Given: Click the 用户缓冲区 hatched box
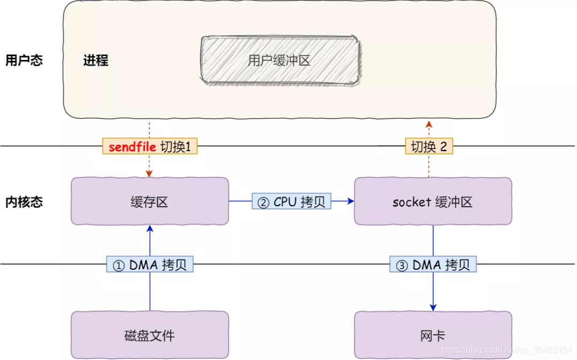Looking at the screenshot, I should point(279,60).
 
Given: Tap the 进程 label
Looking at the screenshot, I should point(96,60).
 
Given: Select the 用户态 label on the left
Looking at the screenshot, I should point(24,60).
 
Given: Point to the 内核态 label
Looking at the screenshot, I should point(24,202).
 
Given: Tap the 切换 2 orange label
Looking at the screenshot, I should point(428,147).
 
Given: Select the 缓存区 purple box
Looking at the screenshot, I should point(150,201).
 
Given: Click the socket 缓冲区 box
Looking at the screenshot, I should point(433,201).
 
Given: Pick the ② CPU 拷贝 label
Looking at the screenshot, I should point(292,201).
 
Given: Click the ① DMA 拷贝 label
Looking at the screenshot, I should point(150,265).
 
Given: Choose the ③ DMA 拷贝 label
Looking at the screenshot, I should point(433,265).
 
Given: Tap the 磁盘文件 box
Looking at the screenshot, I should point(150,335).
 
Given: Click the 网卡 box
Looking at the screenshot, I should point(433,335).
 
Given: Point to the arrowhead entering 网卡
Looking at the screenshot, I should point(433,307).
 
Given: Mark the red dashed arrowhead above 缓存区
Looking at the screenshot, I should point(150,174).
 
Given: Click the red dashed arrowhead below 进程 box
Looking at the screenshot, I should point(428,124).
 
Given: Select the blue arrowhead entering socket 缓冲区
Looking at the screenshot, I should point(350,201).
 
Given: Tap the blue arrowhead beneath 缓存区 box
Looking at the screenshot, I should point(150,229).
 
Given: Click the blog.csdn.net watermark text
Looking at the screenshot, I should point(506,350).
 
